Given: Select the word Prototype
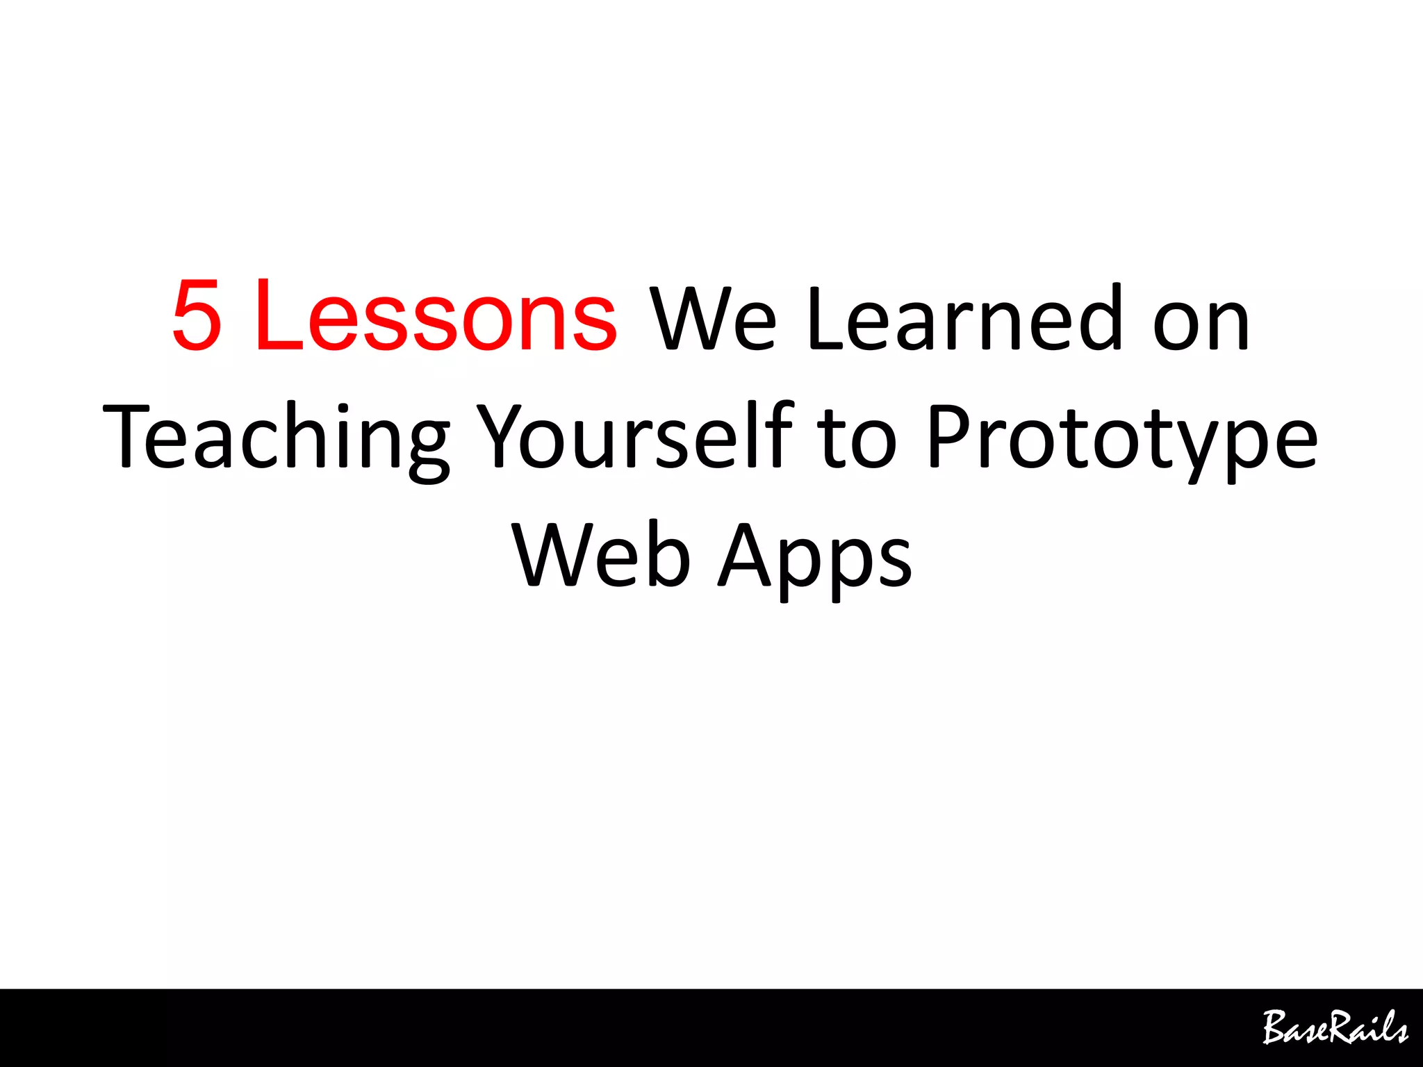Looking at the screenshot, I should pyautogui.click(x=1122, y=439).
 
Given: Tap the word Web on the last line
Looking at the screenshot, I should pyautogui.click(x=602, y=556).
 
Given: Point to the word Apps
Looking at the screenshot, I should pyautogui.click(x=814, y=559).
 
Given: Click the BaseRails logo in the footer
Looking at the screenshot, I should pyautogui.click(x=1335, y=1027).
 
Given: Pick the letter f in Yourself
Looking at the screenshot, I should pyautogui.click(x=780, y=434).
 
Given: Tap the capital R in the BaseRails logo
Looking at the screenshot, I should pyautogui.click(x=1337, y=1027).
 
